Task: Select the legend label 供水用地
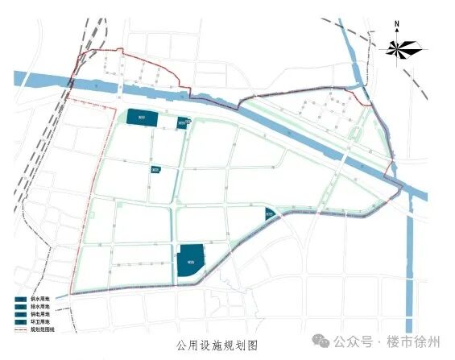(x=39, y=299)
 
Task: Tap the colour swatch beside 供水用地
(x=19, y=299)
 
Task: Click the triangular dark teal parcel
(x=270, y=213)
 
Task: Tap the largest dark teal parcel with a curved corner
(x=190, y=261)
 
